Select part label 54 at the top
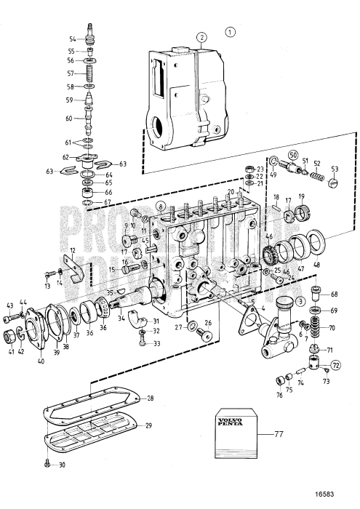pyautogui.click(x=73, y=38)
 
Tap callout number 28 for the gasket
pyautogui.click(x=150, y=398)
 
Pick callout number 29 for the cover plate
pyautogui.click(x=150, y=425)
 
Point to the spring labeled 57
pyautogui.click(x=90, y=73)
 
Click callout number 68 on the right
pyautogui.click(x=334, y=294)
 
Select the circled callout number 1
pyautogui.click(x=231, y=32)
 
